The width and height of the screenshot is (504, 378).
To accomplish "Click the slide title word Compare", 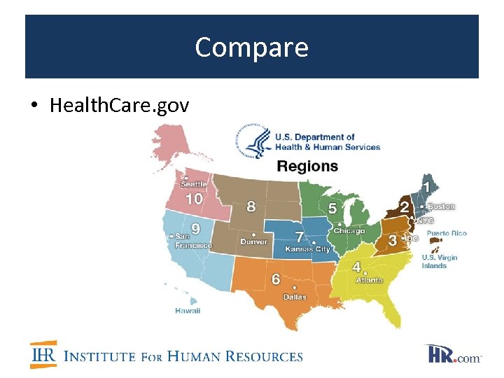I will pyautogui.click(x=251, y=48).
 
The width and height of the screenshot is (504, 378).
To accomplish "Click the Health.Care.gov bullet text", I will pyautogui.click(x=119, y=106).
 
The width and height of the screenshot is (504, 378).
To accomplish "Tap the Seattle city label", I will pyautogui.click(x=195, y=184).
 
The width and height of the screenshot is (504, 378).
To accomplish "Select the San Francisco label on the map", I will pyautogui.click(x=193, y=241).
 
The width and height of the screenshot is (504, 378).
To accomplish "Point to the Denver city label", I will pyautogui.click(x=253, y=241).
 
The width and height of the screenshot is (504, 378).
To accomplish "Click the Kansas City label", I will pyautogui.click(x=307, y=249).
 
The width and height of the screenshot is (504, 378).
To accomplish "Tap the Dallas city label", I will pyautogui.click(x=295, y=297).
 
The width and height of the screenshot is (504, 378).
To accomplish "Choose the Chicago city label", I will pyautogui.click(x=349, y=231).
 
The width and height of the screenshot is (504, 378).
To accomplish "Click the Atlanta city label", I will pyautogui.click(x=369, y=280).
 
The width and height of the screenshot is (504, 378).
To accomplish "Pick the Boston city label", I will pyautogui.click(x=441, y=206).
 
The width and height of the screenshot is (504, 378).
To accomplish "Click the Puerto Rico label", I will pyautogui.click(x=447, y=233).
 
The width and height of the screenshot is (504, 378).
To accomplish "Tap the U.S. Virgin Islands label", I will pyautogui.click(x=439, y=261).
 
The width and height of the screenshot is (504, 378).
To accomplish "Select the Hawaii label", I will pyautogui.click(x=188, y=311).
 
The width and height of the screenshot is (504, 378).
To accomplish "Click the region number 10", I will pyautogui.click(x=194, y=199).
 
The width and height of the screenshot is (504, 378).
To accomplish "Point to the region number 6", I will pyautogui.click(x=276, y=279).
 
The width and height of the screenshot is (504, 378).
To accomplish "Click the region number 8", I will pyautogui.click(x=251, y=206).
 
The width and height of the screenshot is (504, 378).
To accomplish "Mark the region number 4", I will pyautogui.click(x=356, y=267).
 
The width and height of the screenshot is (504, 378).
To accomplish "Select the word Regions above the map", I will pyautogui.click(x=307, y=167).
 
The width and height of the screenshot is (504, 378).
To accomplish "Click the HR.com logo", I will pyautogui.click(x=452, y=354).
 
